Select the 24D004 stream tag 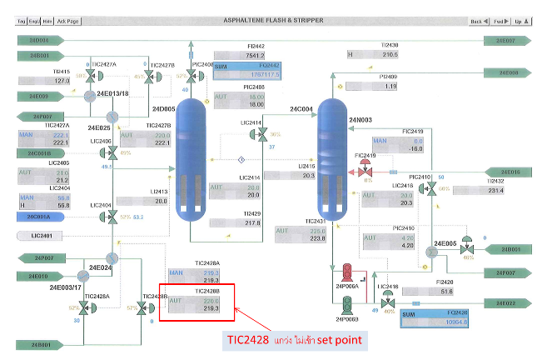37,40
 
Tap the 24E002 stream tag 505,40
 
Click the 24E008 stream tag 505,73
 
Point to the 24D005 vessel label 165,108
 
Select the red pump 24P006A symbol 346,272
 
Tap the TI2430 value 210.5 389,55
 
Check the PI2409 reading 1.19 389,87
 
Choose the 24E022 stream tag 505,303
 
